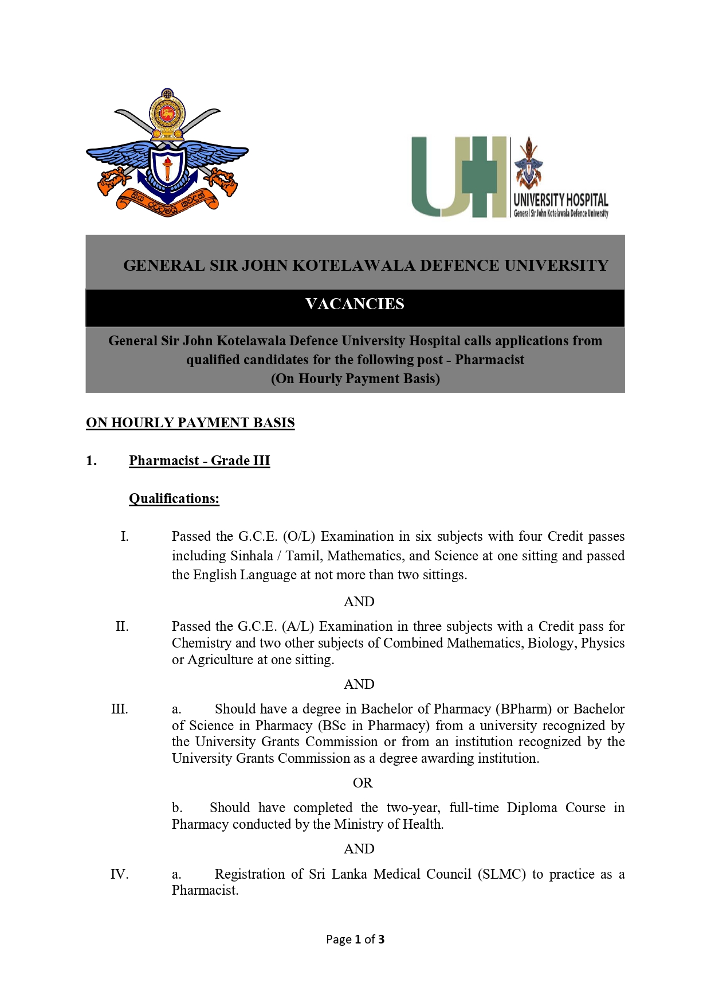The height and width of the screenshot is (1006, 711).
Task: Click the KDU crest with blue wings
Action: pos(167,154)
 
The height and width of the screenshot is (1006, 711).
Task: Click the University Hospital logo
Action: pos(509,177)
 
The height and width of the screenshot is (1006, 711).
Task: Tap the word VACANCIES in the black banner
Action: pos(355,304)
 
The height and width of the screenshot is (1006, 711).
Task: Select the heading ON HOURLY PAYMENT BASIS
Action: pos(190,423)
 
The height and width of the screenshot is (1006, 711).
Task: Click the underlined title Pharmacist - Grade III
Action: pos(199,461)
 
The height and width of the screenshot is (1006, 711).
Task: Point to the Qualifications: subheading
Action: pos(174,498)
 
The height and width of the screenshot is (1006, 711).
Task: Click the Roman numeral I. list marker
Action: pos(124,536)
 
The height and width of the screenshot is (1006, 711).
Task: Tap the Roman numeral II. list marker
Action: pos(122,626)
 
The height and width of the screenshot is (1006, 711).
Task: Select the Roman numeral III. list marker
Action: pos(120,709)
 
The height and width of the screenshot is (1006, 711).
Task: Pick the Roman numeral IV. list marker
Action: pos(119,874)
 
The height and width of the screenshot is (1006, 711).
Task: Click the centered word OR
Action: pos(363,783)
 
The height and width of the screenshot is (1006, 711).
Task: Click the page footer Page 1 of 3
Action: pos(355,939)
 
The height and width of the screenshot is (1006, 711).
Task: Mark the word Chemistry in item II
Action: pos(202,643)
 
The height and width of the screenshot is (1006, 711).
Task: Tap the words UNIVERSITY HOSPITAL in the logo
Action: pos(560,200)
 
